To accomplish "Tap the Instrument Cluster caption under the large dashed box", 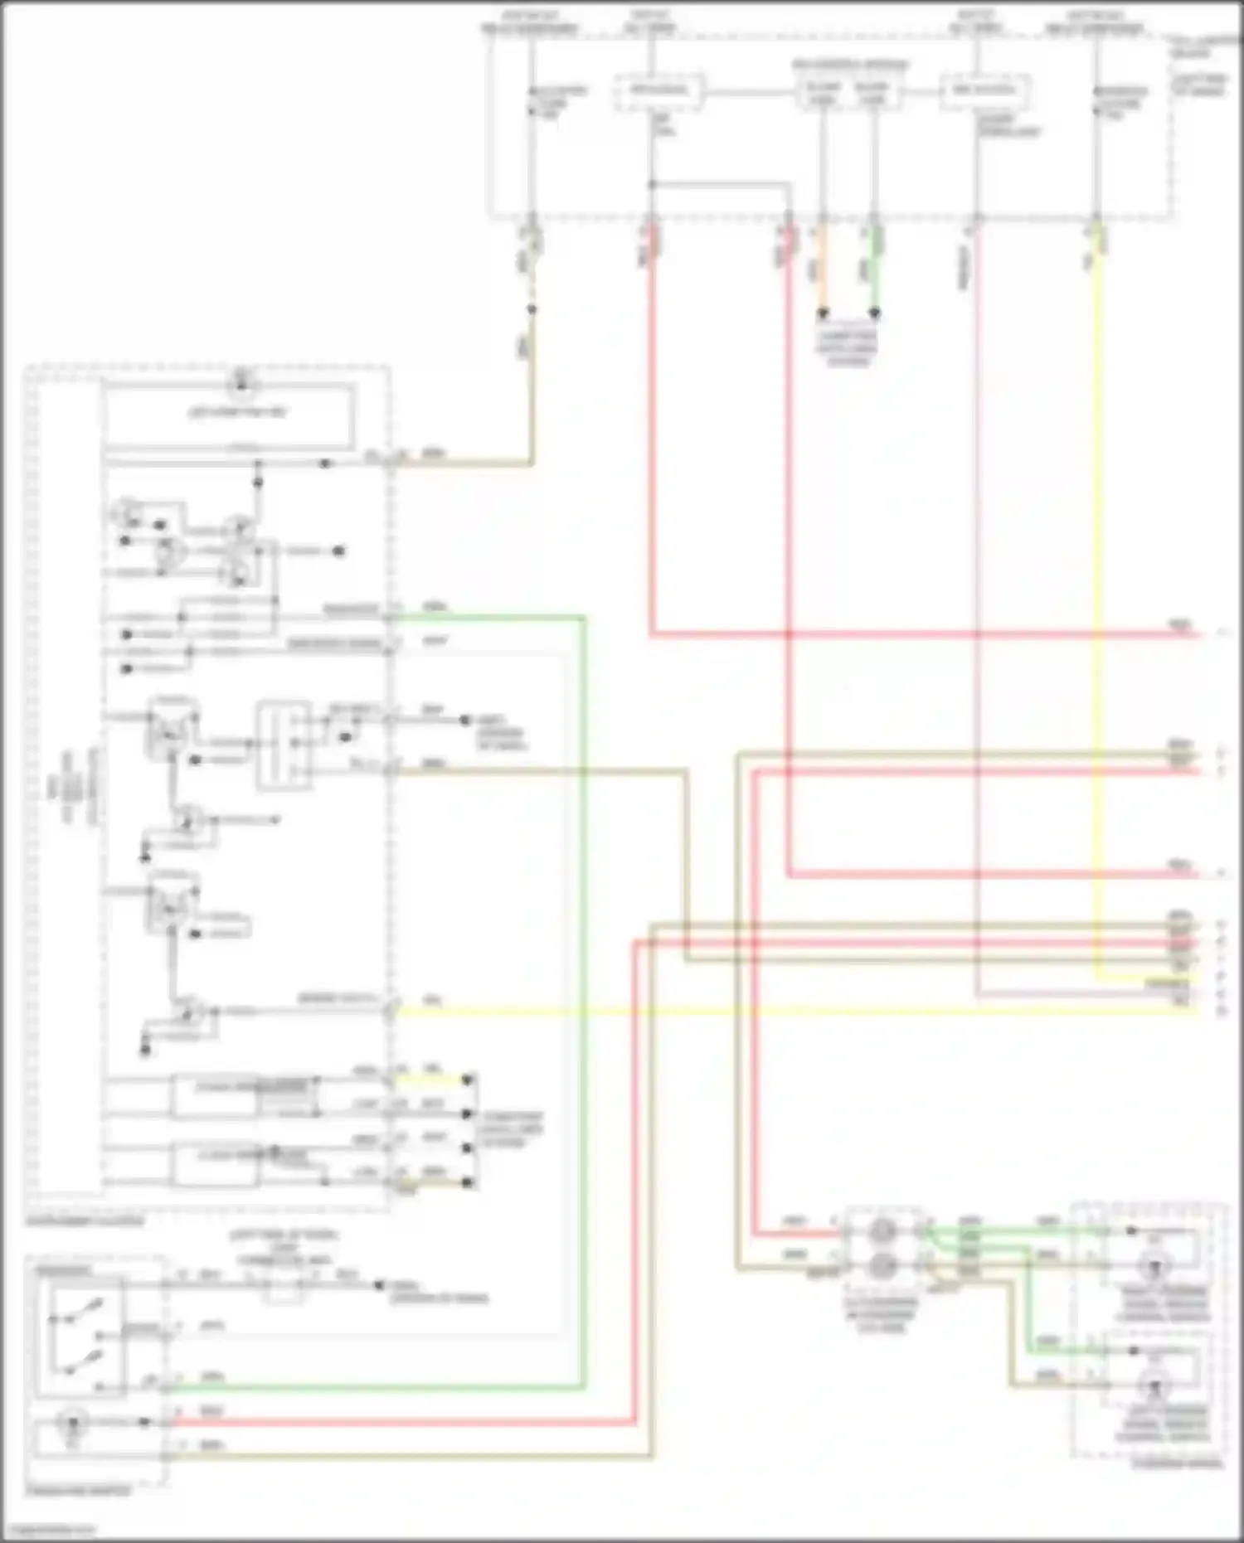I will point(84,1220).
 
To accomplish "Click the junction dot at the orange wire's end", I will point(823,314).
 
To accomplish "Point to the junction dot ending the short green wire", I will point(874,314).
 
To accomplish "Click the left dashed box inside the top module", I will point(659,91).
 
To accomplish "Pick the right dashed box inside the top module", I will point(984,91).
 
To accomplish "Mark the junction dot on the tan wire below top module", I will point(532,309).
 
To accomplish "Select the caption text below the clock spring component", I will point(882,1313).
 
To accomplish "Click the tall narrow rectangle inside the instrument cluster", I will point(284,745).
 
